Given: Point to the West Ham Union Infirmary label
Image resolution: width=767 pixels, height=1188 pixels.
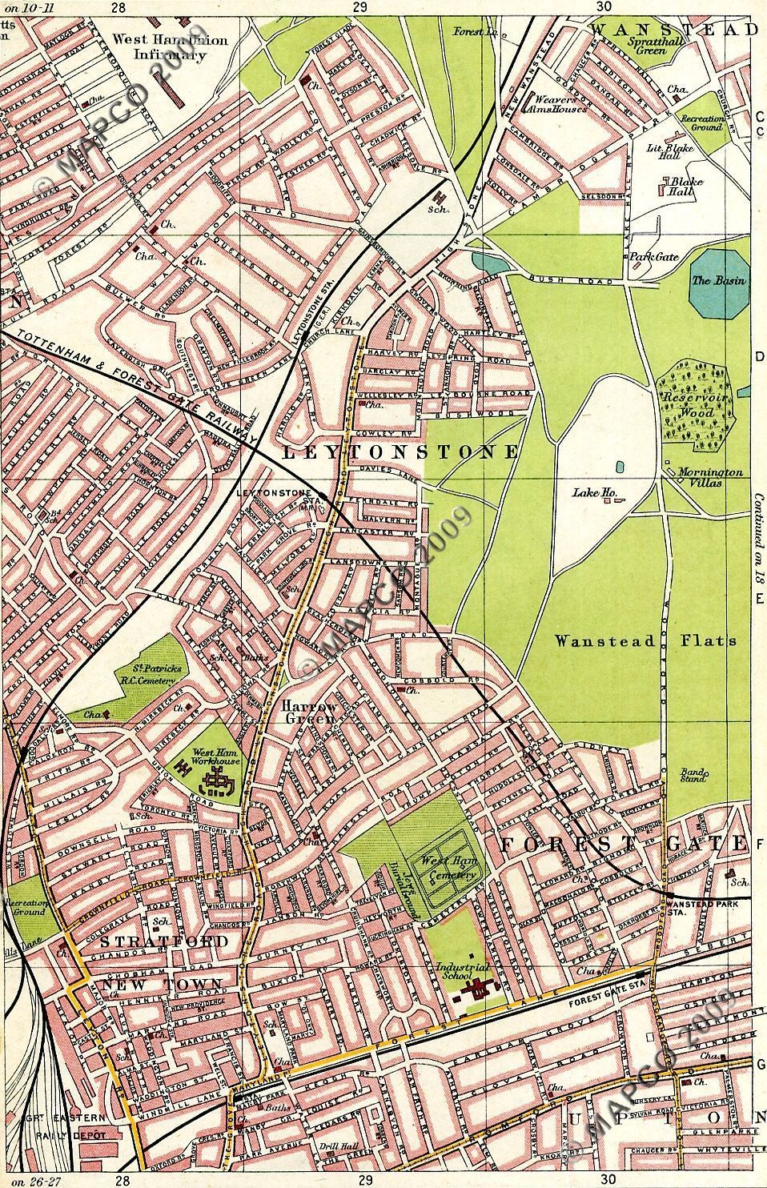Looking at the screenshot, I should (x=170, y=47).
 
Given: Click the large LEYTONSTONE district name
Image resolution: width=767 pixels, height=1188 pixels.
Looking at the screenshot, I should (x=401, y=452).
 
